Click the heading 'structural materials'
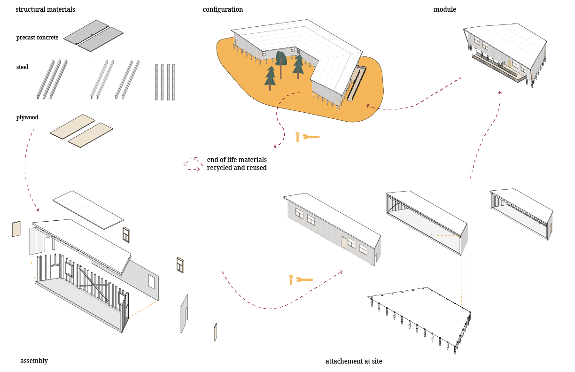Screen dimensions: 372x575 click(x=45, y=9)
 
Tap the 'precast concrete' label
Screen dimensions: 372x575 click(x=37, y=38)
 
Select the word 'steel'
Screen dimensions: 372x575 click(x=22, y=67)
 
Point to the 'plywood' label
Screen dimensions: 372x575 click(x=27, y=117)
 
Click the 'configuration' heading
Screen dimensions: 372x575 click(x=223, y=9)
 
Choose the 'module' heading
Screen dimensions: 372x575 click(x=444, y=9)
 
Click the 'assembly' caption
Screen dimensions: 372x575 click(x=34, y=361)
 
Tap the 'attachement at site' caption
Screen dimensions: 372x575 click(x=354, y=361)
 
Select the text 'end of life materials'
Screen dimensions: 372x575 click(x=237, y=160)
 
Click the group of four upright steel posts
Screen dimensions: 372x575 click(x=164, y=82)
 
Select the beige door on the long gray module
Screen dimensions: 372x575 click(x=344, y=242)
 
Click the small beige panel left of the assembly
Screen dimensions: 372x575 click(x=16, y=230)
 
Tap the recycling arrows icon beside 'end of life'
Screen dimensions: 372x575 click(x=193, y=163)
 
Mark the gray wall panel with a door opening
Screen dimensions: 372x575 click(x=184, y=314)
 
